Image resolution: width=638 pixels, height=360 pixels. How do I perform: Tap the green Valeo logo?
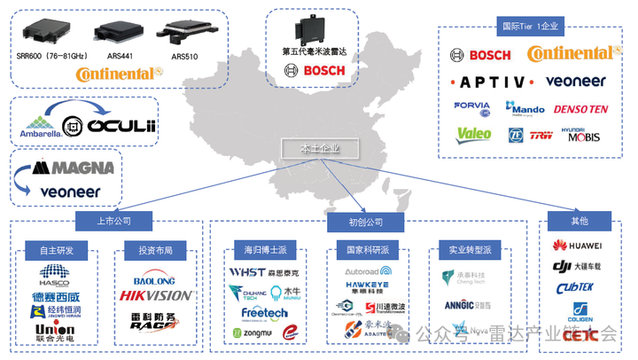(x=473, y=136)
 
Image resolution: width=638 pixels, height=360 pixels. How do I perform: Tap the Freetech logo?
(x=264, y=313)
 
